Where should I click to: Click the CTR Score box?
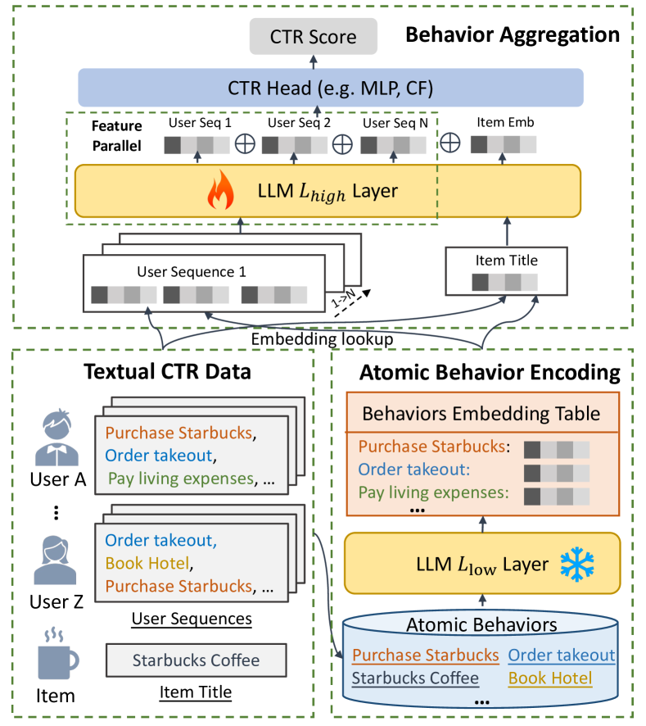[314, 36]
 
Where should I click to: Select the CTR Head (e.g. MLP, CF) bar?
[331, 88]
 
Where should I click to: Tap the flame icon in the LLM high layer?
[220, 190]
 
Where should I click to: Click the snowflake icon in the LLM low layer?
[577, 564]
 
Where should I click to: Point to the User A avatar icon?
[57, 438]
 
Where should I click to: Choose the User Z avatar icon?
[55, 560]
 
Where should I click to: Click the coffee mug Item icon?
[57, 654]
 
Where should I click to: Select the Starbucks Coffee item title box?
[197, 660]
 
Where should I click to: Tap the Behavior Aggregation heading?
[513, 34]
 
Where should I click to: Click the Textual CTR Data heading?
[167, 372]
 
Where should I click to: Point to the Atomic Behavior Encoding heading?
[490, 373]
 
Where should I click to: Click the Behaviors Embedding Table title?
[481, 414]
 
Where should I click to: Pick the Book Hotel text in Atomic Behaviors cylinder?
[550, 678]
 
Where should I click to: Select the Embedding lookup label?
[322, 339]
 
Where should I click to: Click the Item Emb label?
[505, 122]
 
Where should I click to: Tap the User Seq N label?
[395, 123]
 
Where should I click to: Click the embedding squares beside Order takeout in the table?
[557, 473]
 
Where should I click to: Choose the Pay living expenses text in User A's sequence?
[181, 479]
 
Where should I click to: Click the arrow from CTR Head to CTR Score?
[314, 62]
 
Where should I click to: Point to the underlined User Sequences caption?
[192, 619]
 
